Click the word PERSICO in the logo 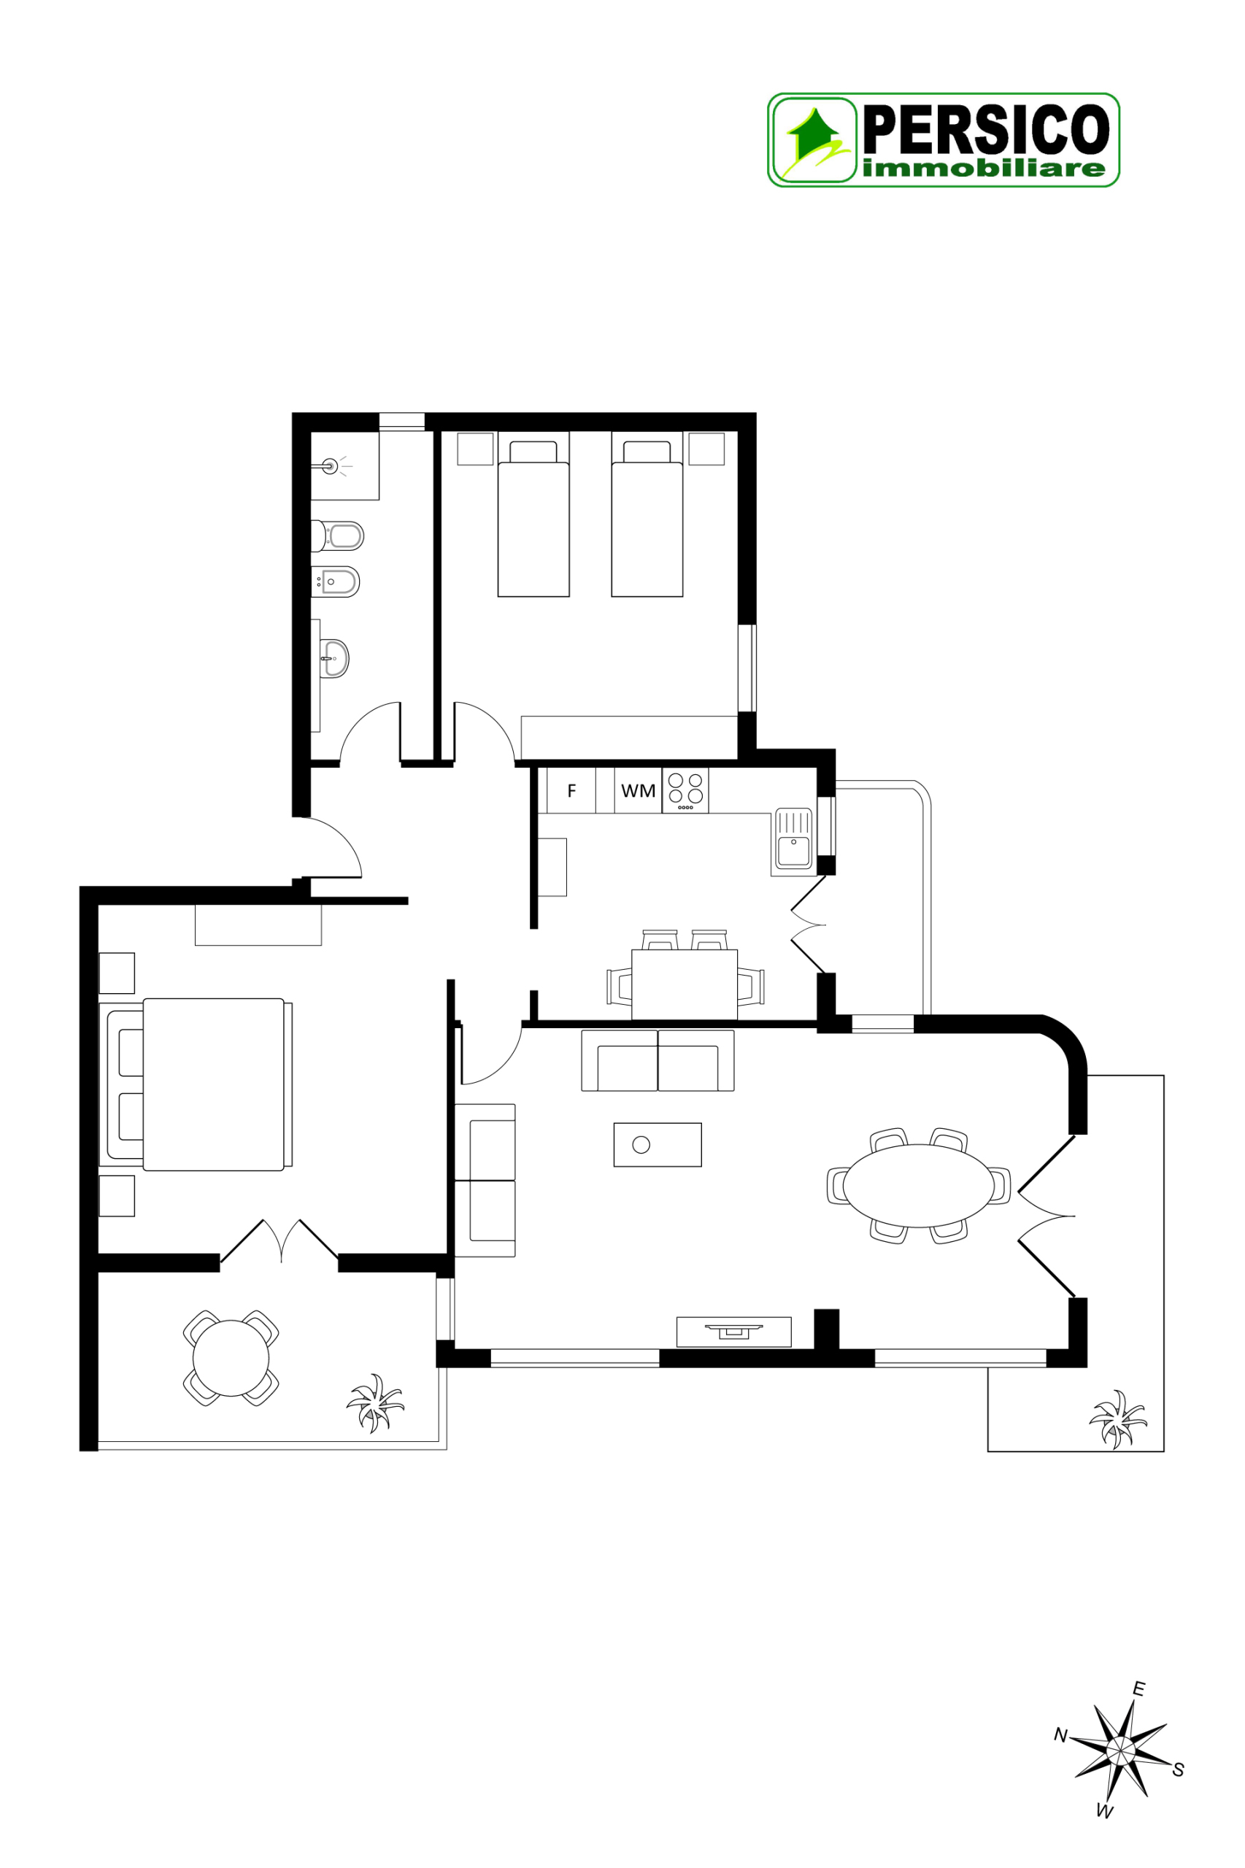pos(985,129)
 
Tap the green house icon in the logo pos(814,136)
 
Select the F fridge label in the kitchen pos(571,791)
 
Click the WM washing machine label pos(638,791)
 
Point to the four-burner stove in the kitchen pos(685,790)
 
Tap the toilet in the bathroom pos(340,536)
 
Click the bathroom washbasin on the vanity pos(335,658)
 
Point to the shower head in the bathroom pos(331,466)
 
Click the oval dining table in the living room pos(918,1186)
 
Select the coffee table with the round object pos(658,1145)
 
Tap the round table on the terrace pos(231,1359)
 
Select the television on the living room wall pos(733,1329)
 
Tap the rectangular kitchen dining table pos(685,984)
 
